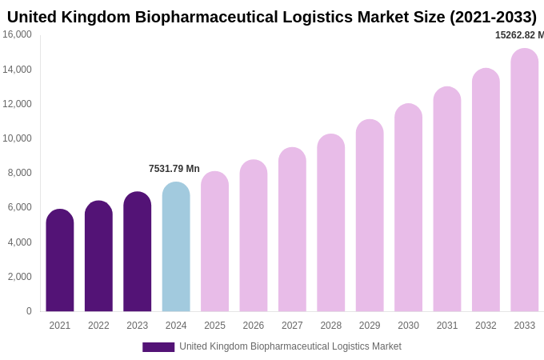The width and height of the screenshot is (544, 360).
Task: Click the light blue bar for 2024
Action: click(176, 247)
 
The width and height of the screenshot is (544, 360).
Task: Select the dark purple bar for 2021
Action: click(60, 261)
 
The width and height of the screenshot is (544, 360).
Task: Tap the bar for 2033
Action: click(524, 181)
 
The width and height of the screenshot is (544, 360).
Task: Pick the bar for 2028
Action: click(330, 223)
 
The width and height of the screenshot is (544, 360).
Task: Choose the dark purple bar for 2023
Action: click(137, 252)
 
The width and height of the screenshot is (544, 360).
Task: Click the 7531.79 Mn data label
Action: click(174, 169)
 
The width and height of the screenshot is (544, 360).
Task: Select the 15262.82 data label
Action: click(519, 35)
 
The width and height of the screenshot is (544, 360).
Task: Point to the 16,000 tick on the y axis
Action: click(17, 34)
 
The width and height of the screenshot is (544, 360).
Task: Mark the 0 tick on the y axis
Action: click(29, 311)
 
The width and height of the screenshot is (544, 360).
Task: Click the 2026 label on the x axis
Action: click(253, 326)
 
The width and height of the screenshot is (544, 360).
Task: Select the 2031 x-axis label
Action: click(446, 326)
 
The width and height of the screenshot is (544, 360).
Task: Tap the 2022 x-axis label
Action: click(98, 326)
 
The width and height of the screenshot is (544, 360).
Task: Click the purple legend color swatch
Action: click(158, 347)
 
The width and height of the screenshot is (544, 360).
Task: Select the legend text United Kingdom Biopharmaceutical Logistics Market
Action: click(290, 346)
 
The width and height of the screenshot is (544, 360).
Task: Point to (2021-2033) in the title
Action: click(493, 17)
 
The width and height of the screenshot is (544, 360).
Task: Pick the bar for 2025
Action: click(214, 242)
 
